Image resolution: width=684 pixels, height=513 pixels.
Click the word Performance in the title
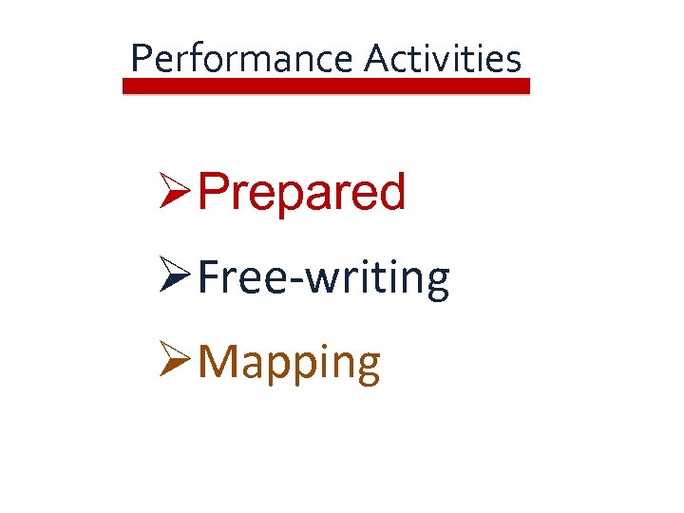[241, 59]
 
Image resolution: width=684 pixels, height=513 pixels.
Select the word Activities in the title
[443, 59]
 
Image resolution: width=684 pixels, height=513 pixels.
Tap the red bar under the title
[326, 85]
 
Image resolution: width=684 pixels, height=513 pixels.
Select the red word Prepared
[302, 193]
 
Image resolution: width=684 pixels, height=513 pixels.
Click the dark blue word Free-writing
[325, 277]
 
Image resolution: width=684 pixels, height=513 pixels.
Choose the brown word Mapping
[290, 363]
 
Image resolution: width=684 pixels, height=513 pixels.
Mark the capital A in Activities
[375, 59]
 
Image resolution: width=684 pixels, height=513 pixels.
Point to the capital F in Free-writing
[212, 277]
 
